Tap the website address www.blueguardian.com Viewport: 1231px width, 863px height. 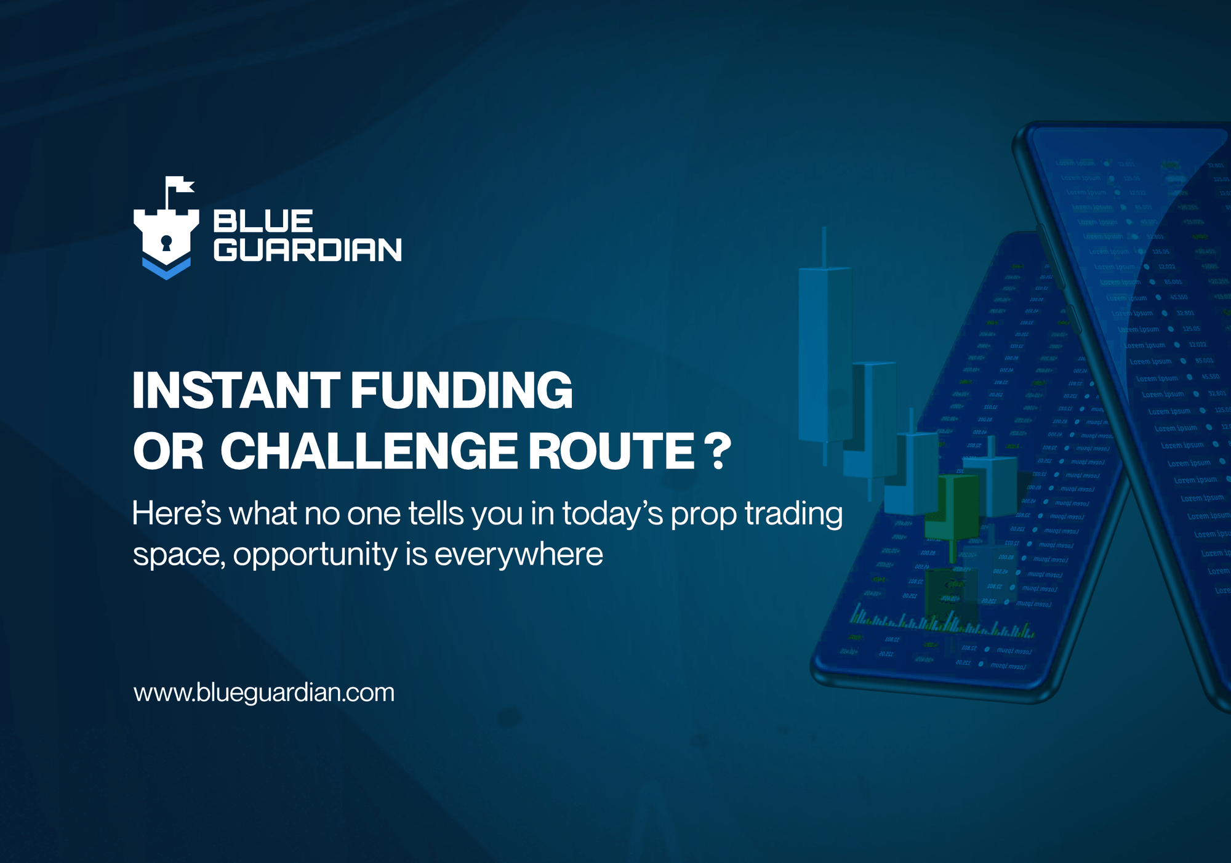pos(264,692)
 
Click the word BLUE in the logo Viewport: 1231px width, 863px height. pos(263,221)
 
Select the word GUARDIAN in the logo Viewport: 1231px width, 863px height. pos(307,250)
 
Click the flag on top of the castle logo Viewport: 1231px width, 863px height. pos(179,184)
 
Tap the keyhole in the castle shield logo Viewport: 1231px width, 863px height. pos(166,242)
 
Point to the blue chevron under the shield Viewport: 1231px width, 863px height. pos(166,269)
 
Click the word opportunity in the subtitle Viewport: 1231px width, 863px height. pos(315,555)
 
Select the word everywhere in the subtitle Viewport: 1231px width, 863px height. pos(518,554)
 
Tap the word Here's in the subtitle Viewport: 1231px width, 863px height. pos(176,513)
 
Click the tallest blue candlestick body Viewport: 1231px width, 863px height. pos(825,354)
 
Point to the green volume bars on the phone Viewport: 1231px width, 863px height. pos(942,623)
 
